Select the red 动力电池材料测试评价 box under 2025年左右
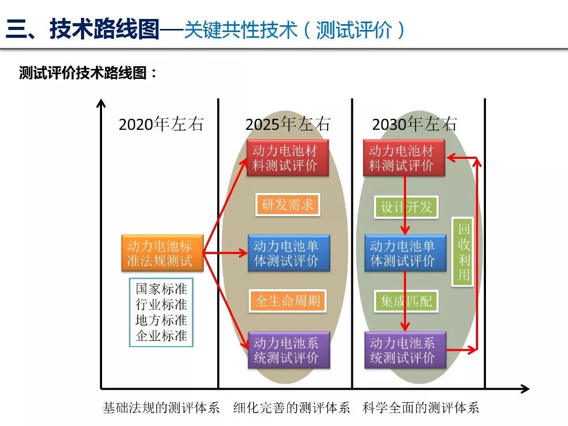click(x=288, y=158)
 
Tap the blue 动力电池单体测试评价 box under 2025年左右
click(x=289, y=253)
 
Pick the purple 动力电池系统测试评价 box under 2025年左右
click(x=289, y=350)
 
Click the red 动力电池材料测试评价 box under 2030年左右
click(x=404, y=158)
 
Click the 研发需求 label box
click(x=288, y=205)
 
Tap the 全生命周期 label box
click(x=288, y=301)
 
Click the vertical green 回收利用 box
click(x=463, y=252)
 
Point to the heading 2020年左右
click(x=160, y=124)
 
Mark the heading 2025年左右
click(x=288, y=124)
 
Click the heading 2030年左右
click(x=414, y=124)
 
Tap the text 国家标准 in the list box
click(x=161, y=289)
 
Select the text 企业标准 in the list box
click(x=161, y=336)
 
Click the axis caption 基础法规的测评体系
click(x=161, y=408)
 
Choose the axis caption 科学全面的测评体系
click(x=421, y=408)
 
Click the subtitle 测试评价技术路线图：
click(x=88, y=73)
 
